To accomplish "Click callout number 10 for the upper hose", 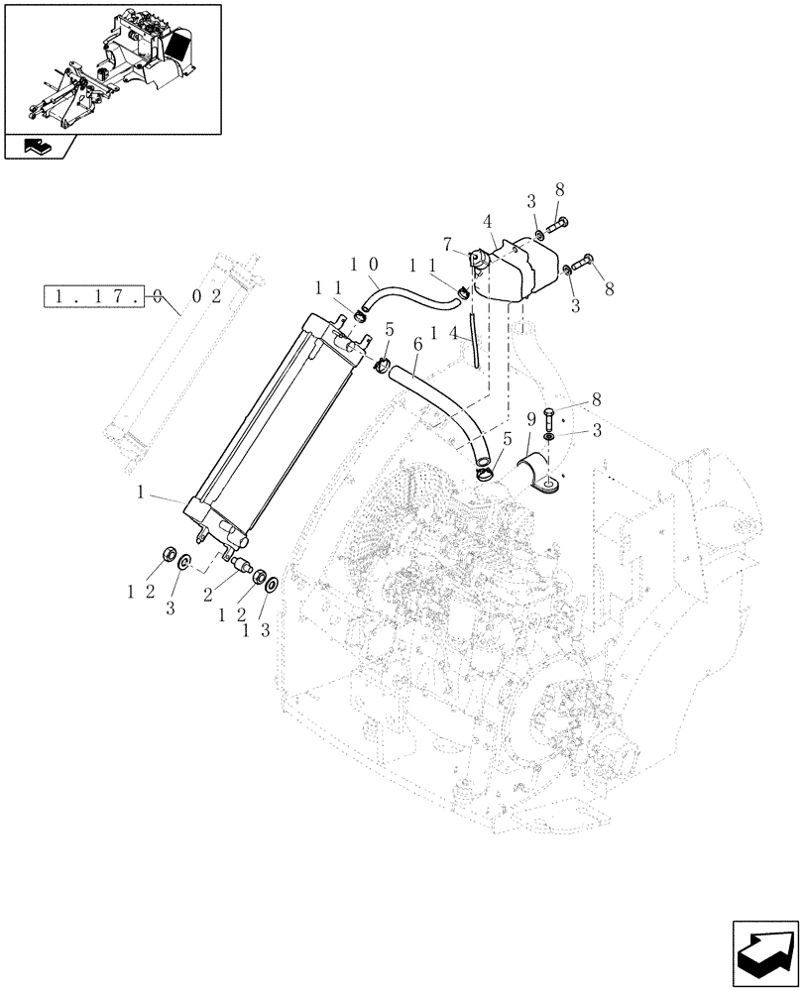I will pos(362,267).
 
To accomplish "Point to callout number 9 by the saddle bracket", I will pos(531,417).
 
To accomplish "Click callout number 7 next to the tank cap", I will pos(448,243).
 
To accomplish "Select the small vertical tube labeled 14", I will pos(476,340).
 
